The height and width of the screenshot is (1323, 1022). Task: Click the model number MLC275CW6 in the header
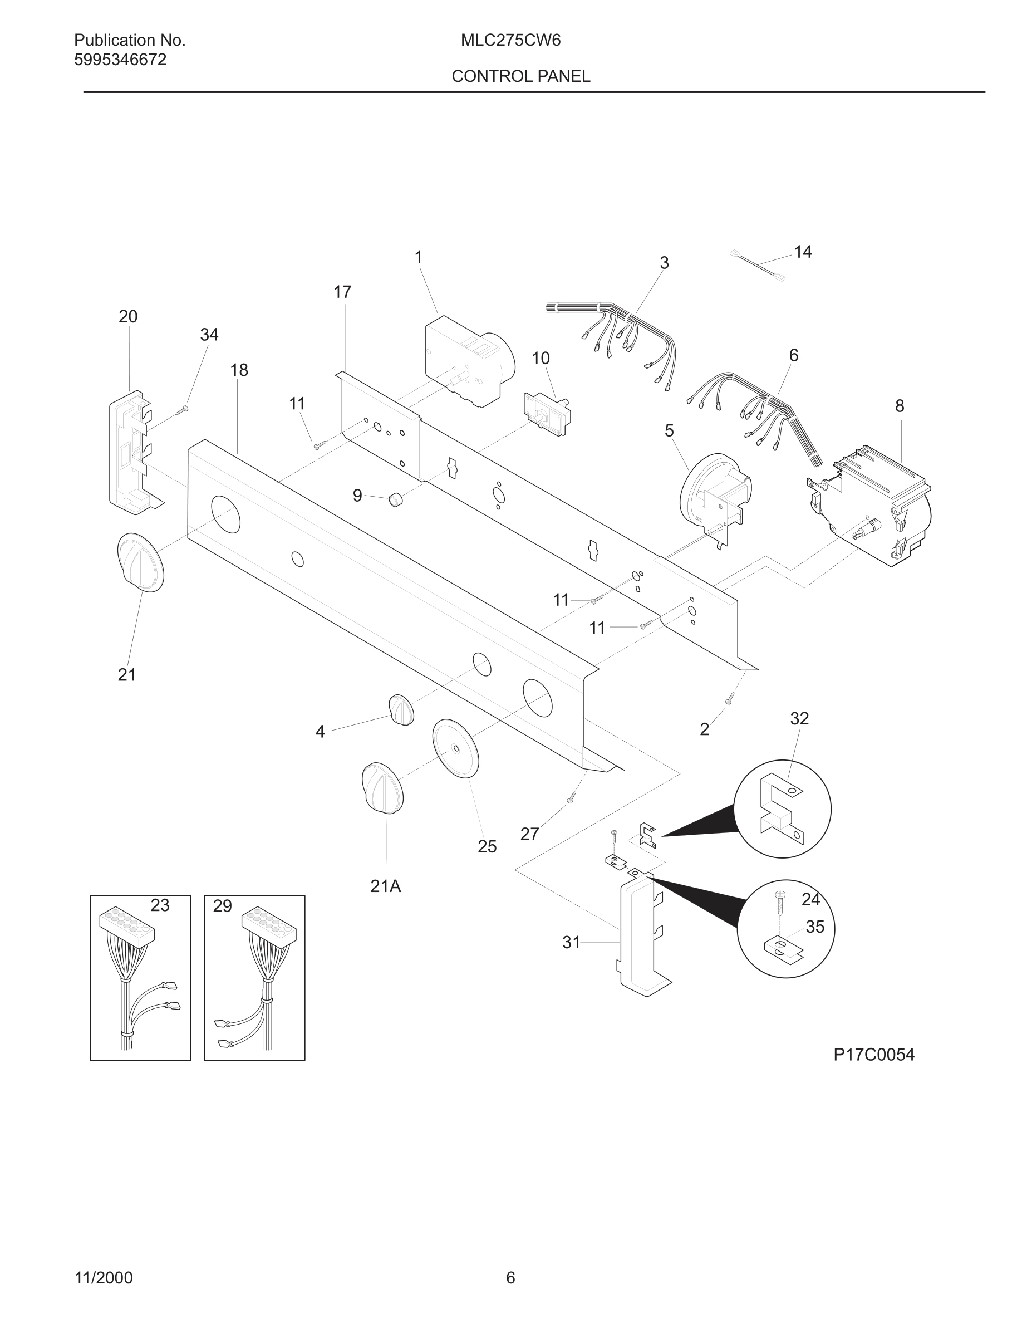click(510, 41)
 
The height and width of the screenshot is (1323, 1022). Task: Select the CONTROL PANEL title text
click(520, 76)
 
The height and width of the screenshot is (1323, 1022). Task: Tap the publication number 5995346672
click(120, 60)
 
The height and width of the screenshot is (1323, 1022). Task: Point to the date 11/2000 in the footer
click(104, 1278)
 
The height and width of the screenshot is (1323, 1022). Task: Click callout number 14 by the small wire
click(802, 252)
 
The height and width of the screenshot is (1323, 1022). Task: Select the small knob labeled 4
click(401, 710)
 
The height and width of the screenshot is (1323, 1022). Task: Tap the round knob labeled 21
click(140, 562)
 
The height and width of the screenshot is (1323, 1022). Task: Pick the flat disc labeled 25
click(455, 749)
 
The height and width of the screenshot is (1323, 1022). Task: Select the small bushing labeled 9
click(395, 500)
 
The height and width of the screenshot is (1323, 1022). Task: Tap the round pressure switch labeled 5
click(714, 498)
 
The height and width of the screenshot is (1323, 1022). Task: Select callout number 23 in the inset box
click(160, 905)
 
